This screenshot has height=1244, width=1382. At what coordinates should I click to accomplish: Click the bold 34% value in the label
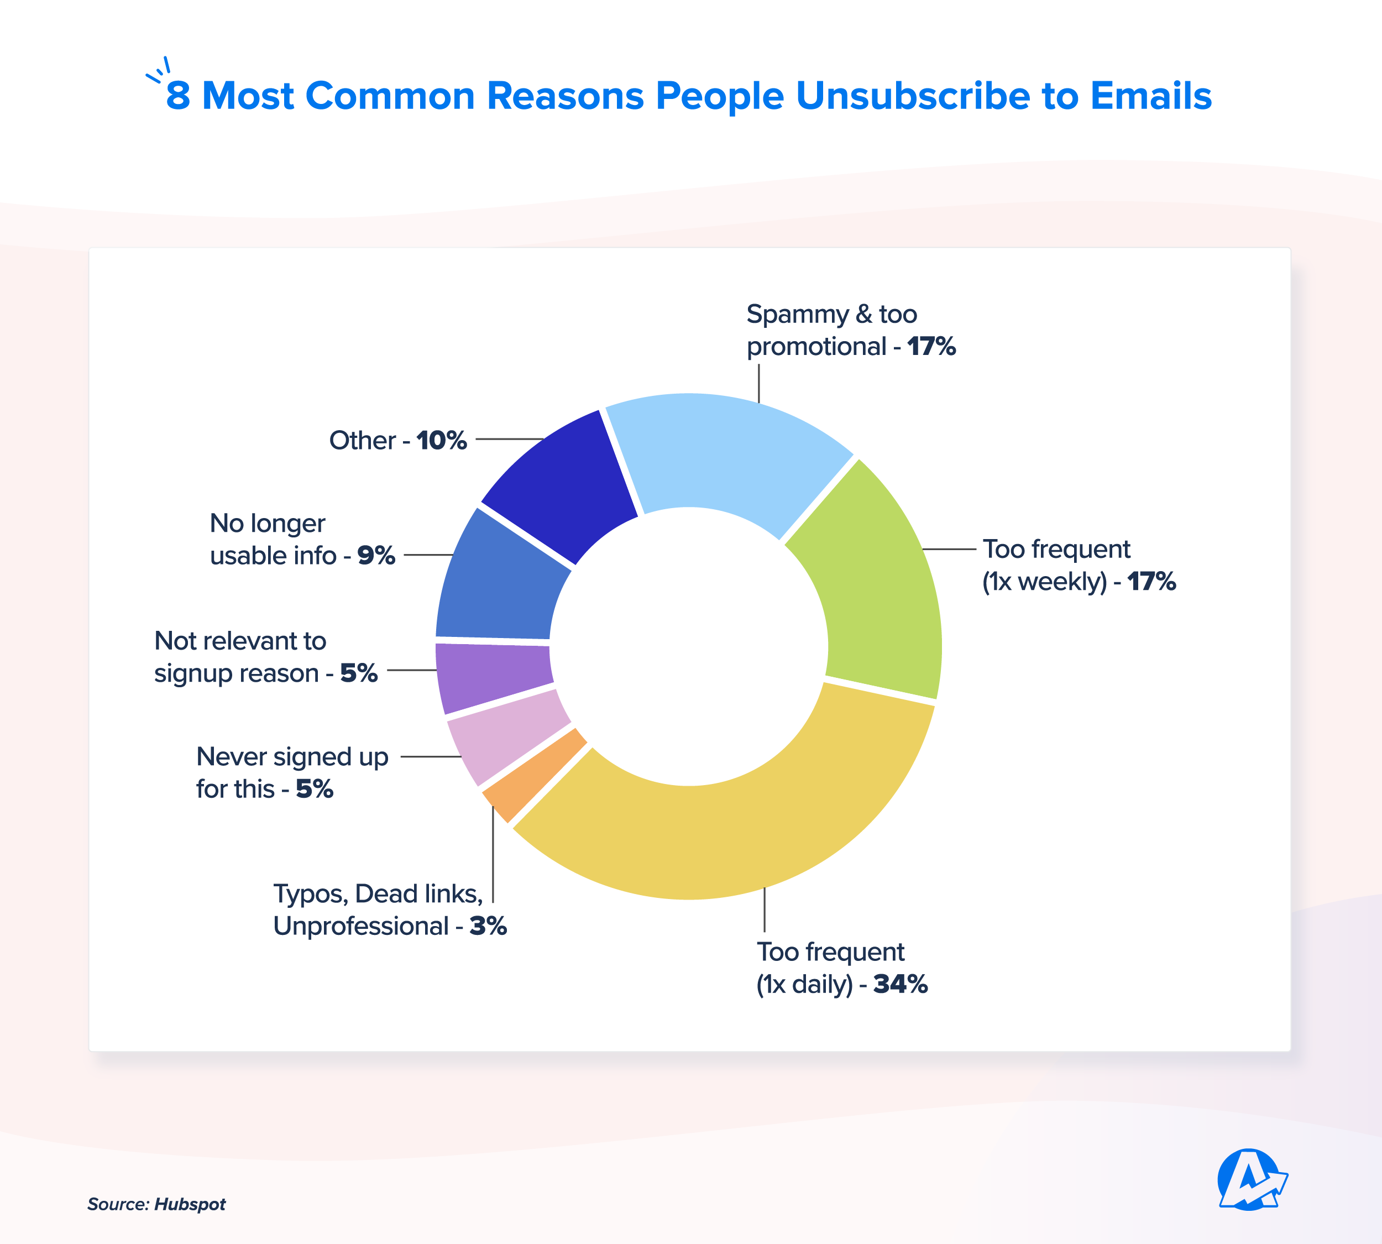tap(900, 984)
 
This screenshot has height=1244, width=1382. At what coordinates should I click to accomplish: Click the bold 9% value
tap(376, 555)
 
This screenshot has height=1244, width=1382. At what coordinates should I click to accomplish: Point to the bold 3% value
tap(488, 926)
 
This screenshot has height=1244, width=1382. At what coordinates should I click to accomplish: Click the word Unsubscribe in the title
tap(913, 96)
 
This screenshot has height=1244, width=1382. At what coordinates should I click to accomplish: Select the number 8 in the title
tap(177, 96)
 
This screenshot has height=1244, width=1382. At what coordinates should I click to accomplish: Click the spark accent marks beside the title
tap(159, 70)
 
